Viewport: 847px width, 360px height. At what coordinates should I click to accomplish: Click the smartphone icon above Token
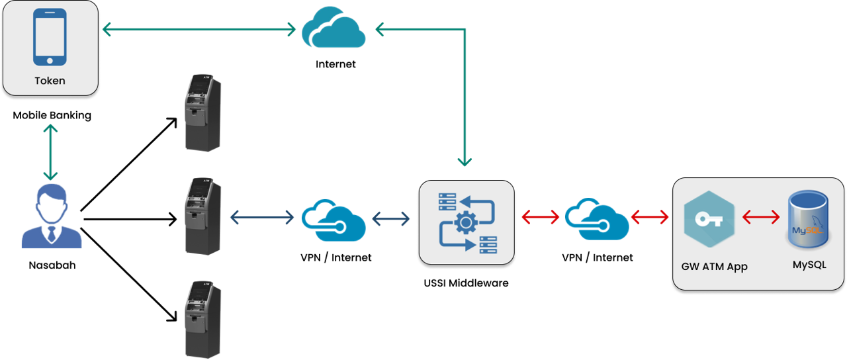[50, 37]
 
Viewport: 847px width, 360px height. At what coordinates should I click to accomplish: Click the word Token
[50, 81]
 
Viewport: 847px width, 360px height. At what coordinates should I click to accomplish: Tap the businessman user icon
[52, 216]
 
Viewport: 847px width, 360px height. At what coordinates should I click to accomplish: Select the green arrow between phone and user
[50, 152]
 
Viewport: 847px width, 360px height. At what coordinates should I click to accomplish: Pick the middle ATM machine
[202, 216]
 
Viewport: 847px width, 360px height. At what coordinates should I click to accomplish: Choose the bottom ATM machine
[202, 319]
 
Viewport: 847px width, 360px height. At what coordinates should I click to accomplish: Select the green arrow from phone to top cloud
[199, 29]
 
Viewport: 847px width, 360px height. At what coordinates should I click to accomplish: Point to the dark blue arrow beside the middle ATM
[262, 216]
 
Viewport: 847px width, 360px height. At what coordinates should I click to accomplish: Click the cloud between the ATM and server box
[334, 218]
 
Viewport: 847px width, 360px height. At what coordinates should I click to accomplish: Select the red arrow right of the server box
[541, 216]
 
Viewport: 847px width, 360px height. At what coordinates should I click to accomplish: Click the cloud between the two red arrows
[596, 218]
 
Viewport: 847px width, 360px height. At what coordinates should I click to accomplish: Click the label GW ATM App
[714, 267]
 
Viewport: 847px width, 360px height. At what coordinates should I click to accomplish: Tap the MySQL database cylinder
[808, 220]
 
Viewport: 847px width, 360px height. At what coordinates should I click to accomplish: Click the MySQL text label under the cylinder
[809, 265]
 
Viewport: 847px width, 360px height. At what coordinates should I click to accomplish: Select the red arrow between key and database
[761, 216]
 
